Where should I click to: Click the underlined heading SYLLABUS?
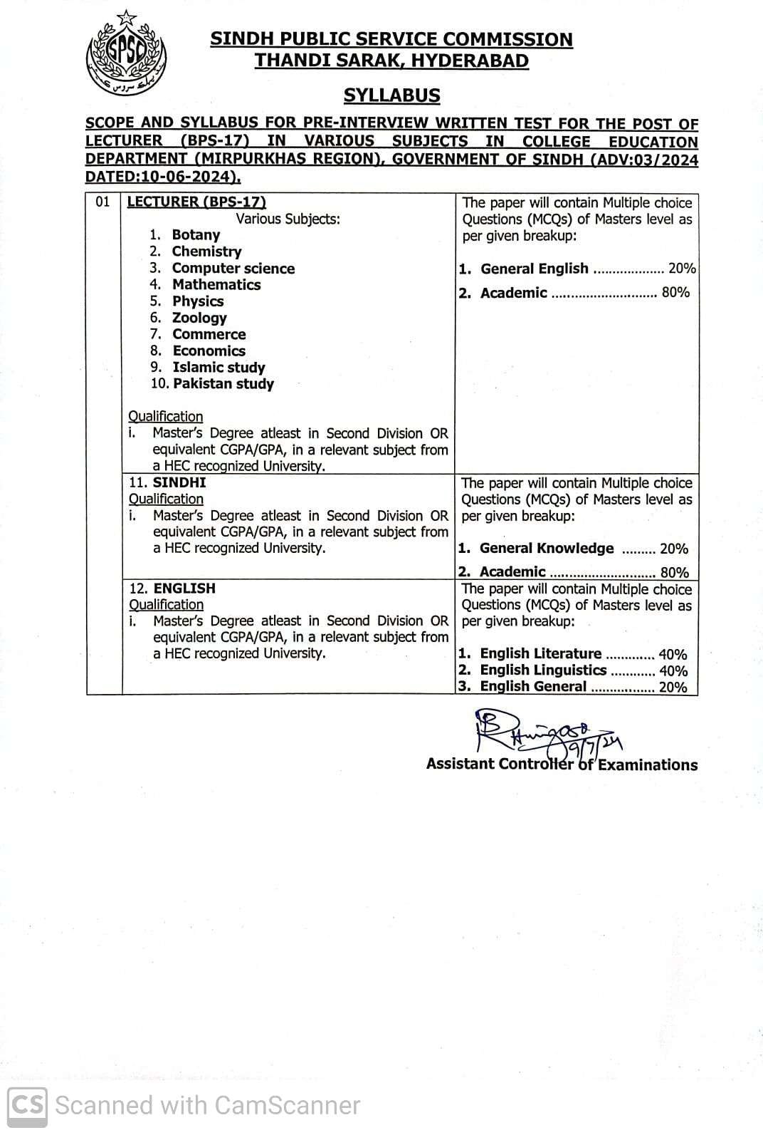click(x=391, y=95)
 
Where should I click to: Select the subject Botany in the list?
click(x=196, y=235)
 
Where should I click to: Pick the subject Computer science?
click(x=233, y=269)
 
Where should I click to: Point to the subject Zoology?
click(x=199, y=318)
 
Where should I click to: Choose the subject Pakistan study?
click(x=223, y=384)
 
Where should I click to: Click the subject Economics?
click(x=209, y=351)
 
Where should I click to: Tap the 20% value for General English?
click(x=681, y=269)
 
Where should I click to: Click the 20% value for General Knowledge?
click(x=674, y=549)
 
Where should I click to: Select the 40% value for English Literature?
click(x=673, y=654)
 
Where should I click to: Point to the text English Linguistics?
click(x=542, y=670)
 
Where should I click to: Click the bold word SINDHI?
click(x=179, y=482)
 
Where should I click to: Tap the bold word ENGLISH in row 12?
click(x=184, y=589)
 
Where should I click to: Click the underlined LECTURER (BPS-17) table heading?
click(x=196, y=202)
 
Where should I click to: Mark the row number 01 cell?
click(x=103, y=202)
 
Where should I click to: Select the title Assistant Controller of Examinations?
click(x=562, y=765)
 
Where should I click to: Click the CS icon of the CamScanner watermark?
click(x=28, y=1105)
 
